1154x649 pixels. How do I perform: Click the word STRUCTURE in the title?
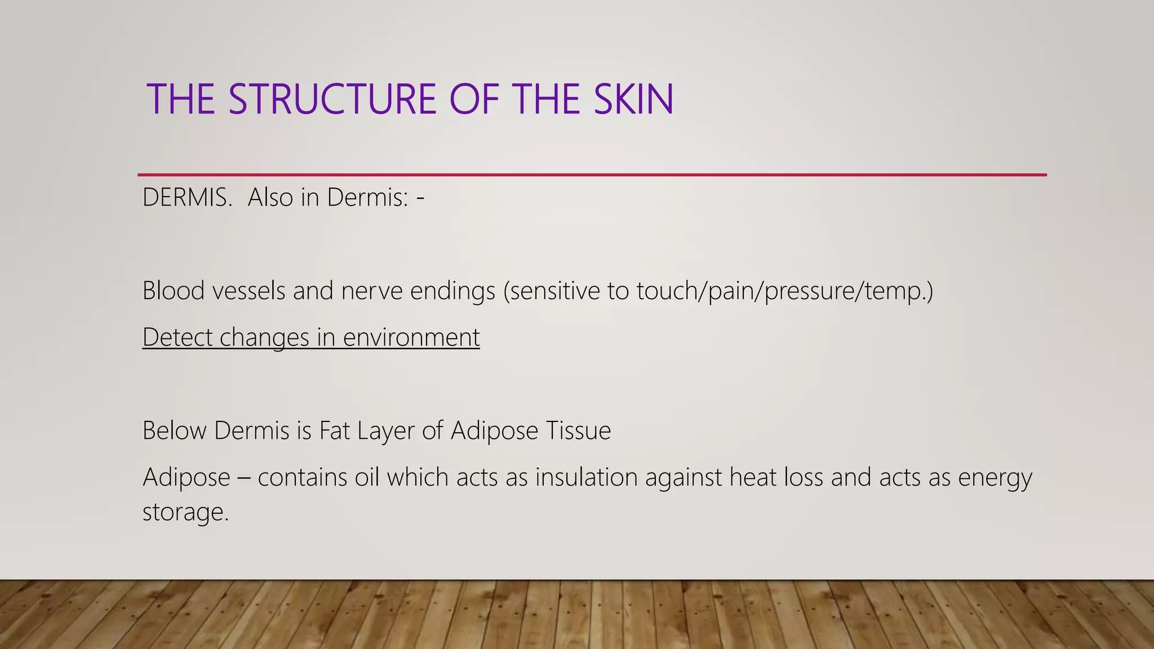tap(332, 100)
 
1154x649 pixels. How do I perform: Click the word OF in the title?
tap(474, 100)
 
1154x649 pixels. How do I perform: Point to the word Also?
tap(270, 198)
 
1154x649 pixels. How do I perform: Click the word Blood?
tap(173, 291)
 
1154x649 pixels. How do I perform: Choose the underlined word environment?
tap(411, 337)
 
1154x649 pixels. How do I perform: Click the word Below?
tap(174, 431)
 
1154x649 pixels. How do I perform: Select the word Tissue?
tap(579, 431)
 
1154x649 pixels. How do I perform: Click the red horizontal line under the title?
tap(592, 175)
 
